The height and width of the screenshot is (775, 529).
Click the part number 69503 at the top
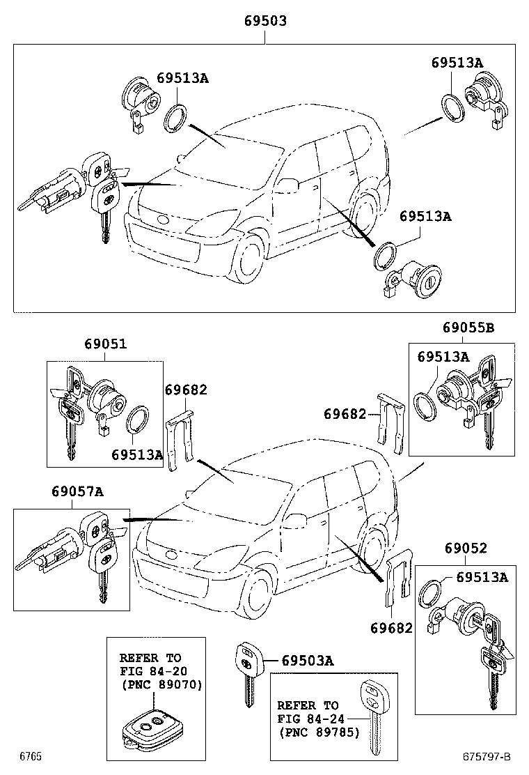point(264,22)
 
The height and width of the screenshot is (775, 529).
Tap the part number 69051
point(106,344)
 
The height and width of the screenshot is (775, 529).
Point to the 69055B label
point(468,326)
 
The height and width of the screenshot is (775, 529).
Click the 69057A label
point(77,492)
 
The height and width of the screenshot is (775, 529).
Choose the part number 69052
point(464,548)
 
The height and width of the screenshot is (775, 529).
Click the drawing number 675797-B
point(485,757)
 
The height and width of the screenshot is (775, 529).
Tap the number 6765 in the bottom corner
point(30,757)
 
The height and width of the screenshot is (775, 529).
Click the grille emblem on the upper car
point(162,221)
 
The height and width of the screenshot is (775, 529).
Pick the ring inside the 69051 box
point(139,420)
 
